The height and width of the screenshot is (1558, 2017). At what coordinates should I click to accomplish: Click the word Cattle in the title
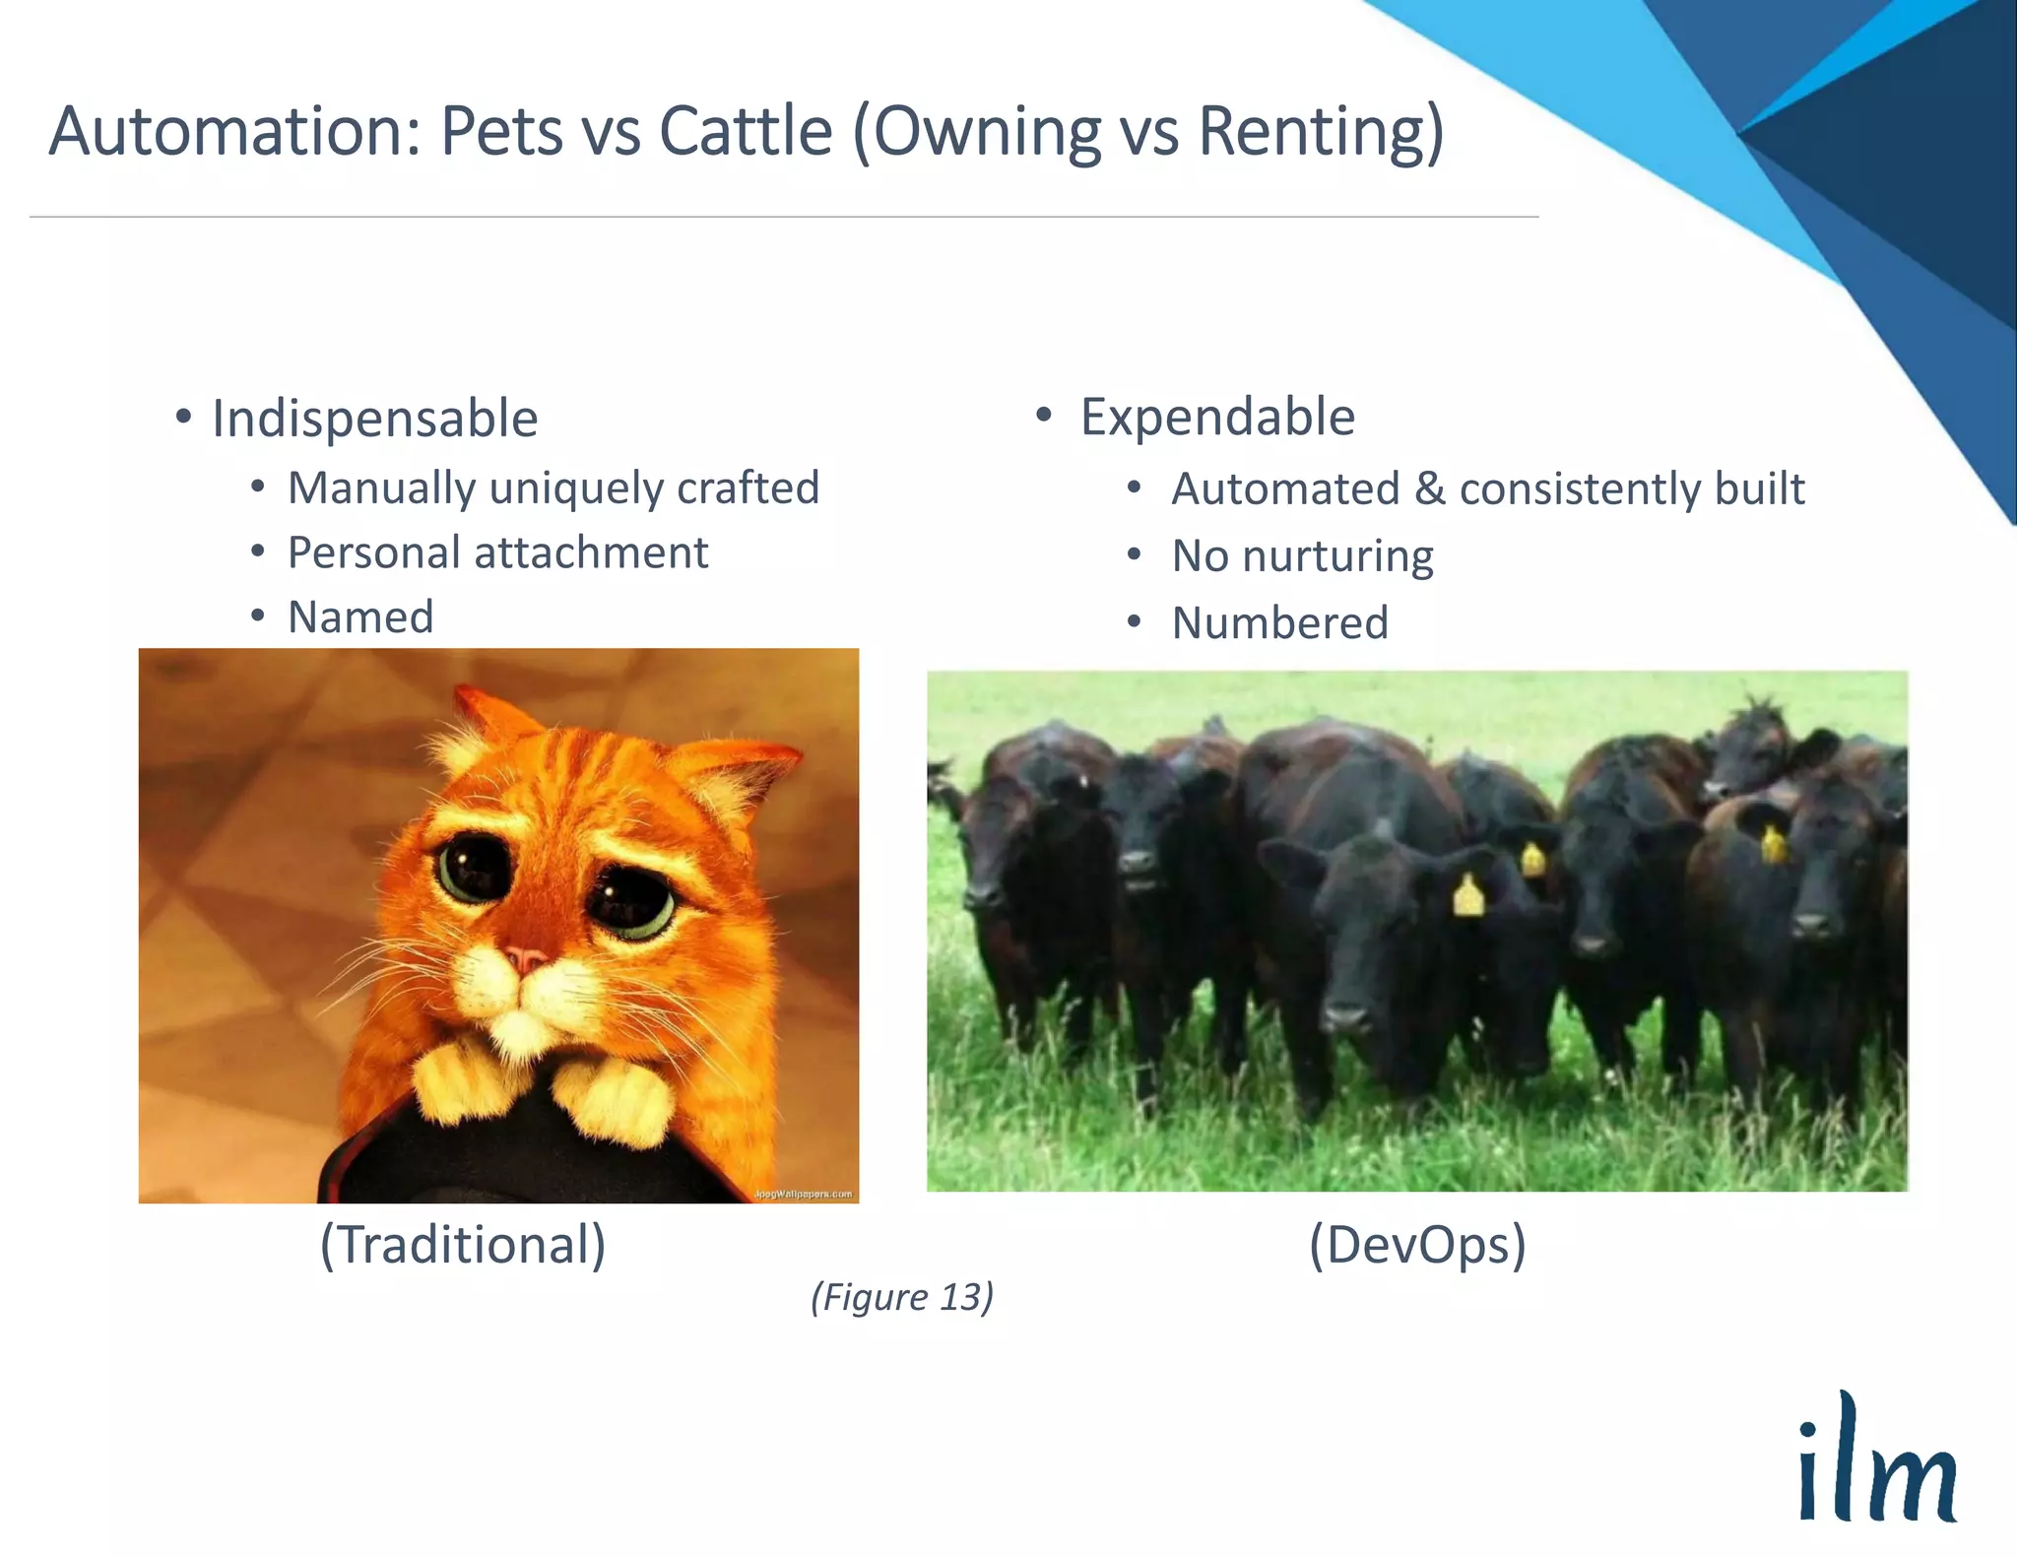click(x=746, y=131)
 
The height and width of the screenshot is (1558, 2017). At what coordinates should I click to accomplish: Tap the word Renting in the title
click(x=1320, y=131)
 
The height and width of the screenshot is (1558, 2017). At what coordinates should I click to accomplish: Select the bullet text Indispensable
click(x=374, y=419)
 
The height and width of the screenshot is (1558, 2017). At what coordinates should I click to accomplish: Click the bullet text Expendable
click(x=1217, y=417)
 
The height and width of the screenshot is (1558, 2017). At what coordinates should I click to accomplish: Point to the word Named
click(x=360, y=617)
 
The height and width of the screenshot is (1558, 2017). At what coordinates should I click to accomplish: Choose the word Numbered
click(x=1279, y=623)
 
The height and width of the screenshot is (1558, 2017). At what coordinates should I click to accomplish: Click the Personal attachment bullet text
click(x=497, y=552)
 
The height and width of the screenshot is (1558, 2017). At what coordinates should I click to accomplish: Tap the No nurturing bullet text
click(x=1302, y=556)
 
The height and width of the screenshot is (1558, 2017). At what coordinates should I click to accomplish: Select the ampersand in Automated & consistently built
click(x=1429, y=489)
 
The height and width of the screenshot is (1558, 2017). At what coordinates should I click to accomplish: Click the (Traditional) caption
click(x=462, y=1244)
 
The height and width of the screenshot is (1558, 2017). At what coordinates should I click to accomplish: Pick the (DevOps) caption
click(x=1416, y=1244)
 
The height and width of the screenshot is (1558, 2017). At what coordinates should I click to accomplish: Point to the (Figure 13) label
click(x=901, y=1296)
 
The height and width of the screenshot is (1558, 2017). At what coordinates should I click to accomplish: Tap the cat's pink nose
click(x=526, y=957)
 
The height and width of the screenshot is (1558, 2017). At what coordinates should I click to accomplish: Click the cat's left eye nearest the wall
click(x=472, y=867)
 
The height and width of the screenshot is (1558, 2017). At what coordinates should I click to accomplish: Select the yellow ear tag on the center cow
click(x=1467, y=896)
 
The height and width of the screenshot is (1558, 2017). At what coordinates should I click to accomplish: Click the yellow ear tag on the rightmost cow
click(x=1773, y=844)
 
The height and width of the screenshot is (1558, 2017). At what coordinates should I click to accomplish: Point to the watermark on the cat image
click(x=803, y=1194)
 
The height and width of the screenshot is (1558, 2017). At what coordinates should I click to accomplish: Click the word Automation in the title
click(x=234, y=131)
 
